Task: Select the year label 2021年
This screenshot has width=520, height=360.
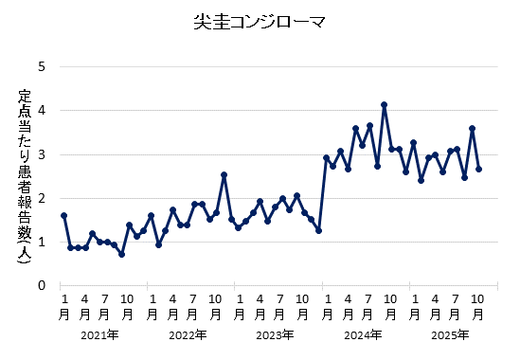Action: pyautogui.click(x=99, y=334)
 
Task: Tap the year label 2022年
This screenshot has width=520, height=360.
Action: pyautogui.click(x=187, y=334)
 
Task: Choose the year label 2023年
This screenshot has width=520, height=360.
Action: pyautogui.click(x=275, y=334)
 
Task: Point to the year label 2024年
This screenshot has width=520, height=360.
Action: pyautogui.click(x=362, y=334)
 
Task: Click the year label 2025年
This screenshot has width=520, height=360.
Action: pyautogui.click(x=449, y=334)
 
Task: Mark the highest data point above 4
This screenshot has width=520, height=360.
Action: pyautogui.click(x=384, y=105)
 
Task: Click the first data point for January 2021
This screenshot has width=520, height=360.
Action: pyautogui.click(x=63, y=215)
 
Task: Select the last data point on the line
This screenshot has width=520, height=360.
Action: pyautogui.click(x=479, y=169)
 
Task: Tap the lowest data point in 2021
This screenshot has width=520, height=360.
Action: pyautogui.click(x=121, y=254)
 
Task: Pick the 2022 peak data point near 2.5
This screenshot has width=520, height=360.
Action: pyautogui.click(x=224, y=174)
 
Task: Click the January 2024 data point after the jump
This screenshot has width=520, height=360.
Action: pyautogui.click(x=326, y=157)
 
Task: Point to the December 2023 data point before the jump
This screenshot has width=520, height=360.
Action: pyautogui.click(x=318, y=230)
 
